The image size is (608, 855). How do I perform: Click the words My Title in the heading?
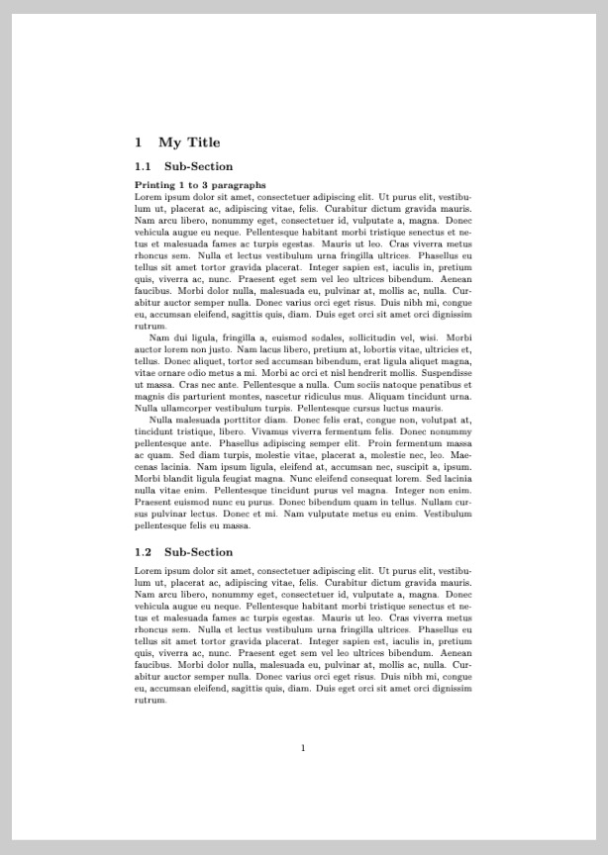click(x=189, y=142)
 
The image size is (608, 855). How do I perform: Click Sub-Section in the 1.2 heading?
click(x=198, y=552)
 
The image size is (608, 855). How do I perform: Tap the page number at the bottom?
click(x=303, y=748)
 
